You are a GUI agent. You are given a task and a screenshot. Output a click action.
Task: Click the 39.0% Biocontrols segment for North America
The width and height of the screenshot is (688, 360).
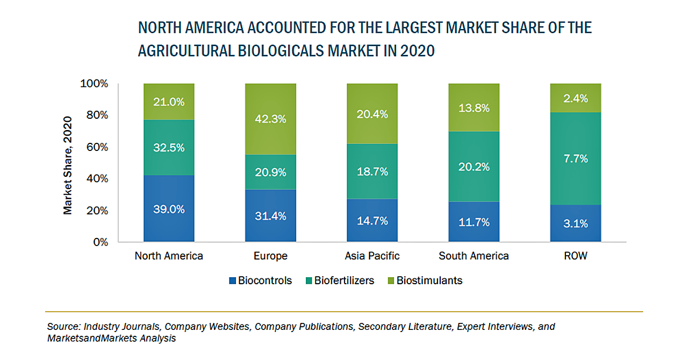[169, 208]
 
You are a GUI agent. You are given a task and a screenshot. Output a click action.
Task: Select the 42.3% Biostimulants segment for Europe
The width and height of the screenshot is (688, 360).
[270, 119]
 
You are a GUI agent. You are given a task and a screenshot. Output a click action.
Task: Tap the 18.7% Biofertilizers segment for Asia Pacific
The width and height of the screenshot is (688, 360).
[372, 172]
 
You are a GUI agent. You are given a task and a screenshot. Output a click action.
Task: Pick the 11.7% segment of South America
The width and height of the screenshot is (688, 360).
[474, 222]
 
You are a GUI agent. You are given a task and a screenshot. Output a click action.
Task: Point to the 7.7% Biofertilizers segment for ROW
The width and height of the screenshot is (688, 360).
[575, 159]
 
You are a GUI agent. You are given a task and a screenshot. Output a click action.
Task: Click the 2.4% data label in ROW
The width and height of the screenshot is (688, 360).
[575, 98]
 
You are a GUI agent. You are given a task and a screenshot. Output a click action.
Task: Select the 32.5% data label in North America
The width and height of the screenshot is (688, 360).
[169, 147]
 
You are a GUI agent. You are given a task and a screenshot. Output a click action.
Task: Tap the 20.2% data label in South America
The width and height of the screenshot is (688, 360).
[474, 167]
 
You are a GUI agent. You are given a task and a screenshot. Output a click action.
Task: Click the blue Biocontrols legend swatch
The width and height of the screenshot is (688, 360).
[232, 280]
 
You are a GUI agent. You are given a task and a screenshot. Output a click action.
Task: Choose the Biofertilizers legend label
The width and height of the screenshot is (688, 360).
[344, 280]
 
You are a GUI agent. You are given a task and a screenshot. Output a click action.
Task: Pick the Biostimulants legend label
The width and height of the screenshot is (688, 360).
[429, 280]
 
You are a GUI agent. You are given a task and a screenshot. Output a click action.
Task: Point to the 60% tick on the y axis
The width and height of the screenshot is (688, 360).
[98, 147]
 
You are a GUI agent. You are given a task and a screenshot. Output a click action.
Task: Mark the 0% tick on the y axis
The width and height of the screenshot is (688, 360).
[101, 242]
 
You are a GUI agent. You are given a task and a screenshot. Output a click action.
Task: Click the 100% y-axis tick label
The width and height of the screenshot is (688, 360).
[95, 84]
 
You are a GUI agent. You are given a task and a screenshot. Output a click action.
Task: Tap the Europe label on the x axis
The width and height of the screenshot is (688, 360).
[270, 256]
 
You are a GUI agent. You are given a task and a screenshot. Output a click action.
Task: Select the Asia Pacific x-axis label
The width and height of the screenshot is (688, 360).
[372, 256]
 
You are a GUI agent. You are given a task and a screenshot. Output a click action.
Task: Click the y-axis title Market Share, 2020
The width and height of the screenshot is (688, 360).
[68, 166]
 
